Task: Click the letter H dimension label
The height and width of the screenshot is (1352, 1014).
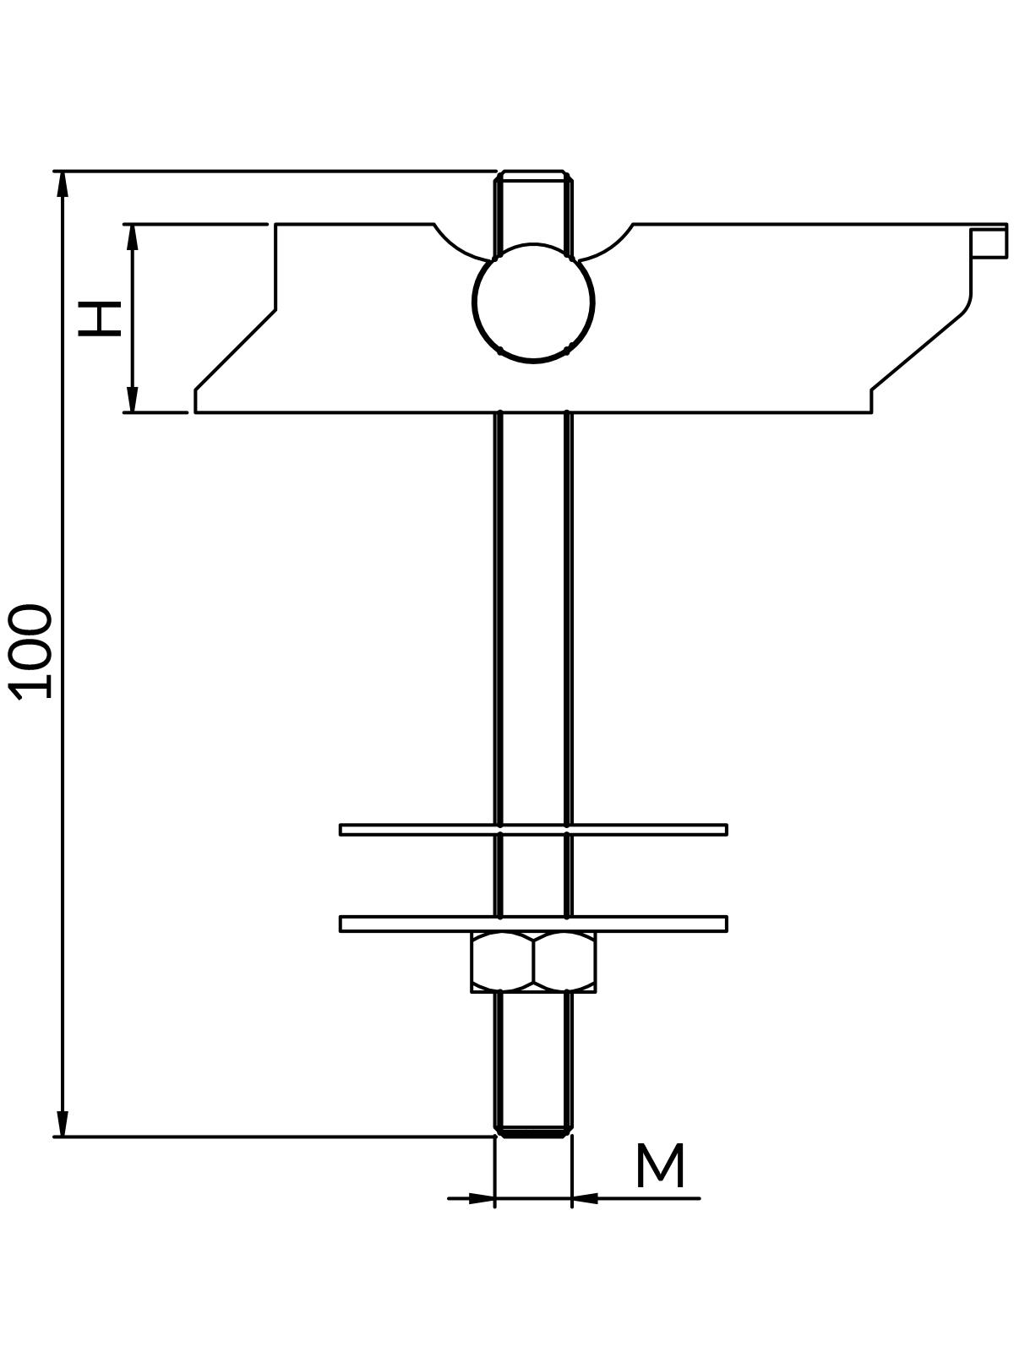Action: pos(100,318)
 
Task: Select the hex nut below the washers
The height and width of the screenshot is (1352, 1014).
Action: pos(533,962)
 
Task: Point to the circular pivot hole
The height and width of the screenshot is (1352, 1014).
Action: pos(533,303)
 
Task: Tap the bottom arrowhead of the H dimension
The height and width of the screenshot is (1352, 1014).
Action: pos(132,401)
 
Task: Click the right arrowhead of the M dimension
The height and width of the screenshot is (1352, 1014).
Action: pos(585,1197)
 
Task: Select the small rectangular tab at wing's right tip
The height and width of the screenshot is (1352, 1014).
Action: pos(989,242)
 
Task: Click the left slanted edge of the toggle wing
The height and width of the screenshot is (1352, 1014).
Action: pos(235,350)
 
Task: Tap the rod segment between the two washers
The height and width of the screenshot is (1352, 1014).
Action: pos(533,875)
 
